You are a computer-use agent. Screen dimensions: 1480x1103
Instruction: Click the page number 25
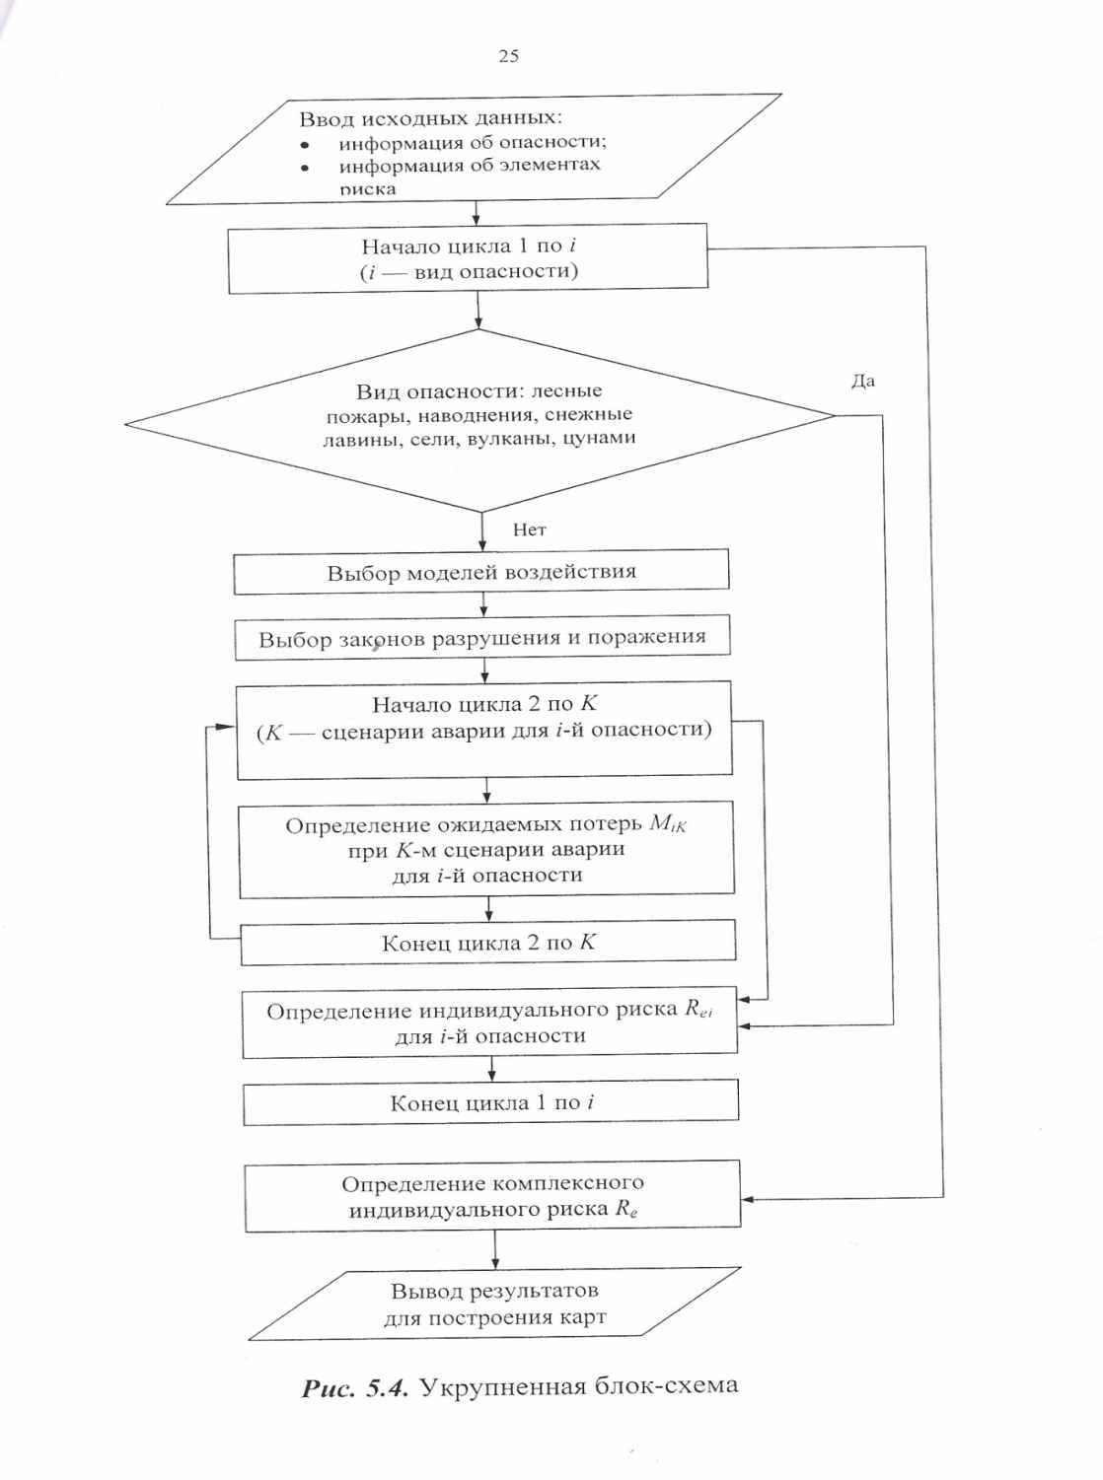509,56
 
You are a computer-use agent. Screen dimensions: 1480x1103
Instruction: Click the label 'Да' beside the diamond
863,381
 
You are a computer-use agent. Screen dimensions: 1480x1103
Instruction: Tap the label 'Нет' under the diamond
529,529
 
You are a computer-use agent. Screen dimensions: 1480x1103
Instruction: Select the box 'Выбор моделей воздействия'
481,572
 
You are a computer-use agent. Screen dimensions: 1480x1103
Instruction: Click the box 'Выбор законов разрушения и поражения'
482,638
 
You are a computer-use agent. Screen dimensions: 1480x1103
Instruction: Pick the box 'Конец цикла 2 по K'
488,943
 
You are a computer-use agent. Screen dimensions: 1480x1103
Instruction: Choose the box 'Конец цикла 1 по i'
491,1102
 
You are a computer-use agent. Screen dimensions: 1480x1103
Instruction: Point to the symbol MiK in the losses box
668,824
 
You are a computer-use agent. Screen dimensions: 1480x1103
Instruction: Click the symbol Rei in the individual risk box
699,1009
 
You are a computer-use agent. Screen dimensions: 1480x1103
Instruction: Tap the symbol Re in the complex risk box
626,1209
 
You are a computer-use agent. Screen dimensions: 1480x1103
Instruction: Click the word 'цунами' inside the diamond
599,438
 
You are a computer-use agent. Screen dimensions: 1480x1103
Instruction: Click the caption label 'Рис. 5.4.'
355,1388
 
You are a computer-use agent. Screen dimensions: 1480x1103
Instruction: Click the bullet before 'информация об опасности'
305,144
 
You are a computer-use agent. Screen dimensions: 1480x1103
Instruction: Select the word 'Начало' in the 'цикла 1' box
395,247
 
